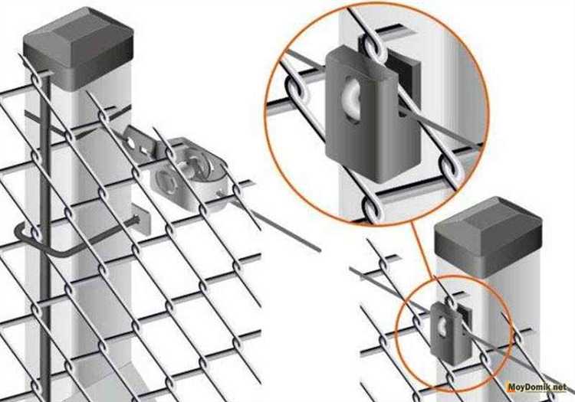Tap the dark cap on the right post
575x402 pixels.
[488, 234]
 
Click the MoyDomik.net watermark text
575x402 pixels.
[537, 387]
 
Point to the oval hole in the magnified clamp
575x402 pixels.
[351, 98]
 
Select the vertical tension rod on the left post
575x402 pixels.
[44, 234]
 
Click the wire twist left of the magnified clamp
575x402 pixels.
[297, 90]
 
